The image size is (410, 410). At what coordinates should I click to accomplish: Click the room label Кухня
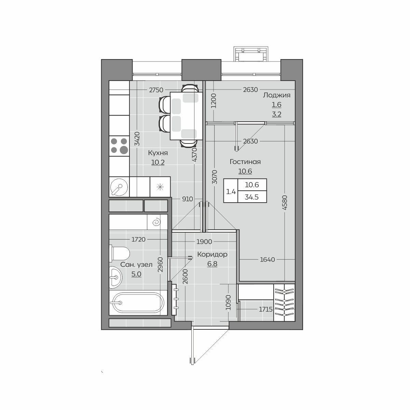(x=158, y=153)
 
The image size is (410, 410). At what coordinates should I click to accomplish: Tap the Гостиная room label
(x=245, y=162)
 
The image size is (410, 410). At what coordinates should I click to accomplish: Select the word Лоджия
(x=277, y=95)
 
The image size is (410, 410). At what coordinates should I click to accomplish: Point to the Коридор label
(x=212, y=254)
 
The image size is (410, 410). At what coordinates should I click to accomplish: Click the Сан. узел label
(x=136, y=265)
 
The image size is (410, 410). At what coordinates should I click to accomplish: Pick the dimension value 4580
(x=285, y=203)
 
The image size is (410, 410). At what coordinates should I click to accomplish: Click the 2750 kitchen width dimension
(x=156, y=90)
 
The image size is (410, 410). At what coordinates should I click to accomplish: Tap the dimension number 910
(x=188, y=199)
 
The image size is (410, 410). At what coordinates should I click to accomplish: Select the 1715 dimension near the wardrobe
(x=265, y=309)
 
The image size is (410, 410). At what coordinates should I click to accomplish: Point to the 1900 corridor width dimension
(x=204, y=242)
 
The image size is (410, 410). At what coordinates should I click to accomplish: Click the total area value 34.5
(x=252, y=197)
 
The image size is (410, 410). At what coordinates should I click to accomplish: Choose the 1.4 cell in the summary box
(x=231, y=192)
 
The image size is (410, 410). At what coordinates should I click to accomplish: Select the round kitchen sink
(x=119, y=187)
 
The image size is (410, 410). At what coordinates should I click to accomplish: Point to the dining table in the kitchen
(x=186, y=116)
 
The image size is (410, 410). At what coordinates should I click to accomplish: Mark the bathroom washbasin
(x=115, y=277)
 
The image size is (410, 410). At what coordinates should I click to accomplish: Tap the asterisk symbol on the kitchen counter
(x=160, y=187)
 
